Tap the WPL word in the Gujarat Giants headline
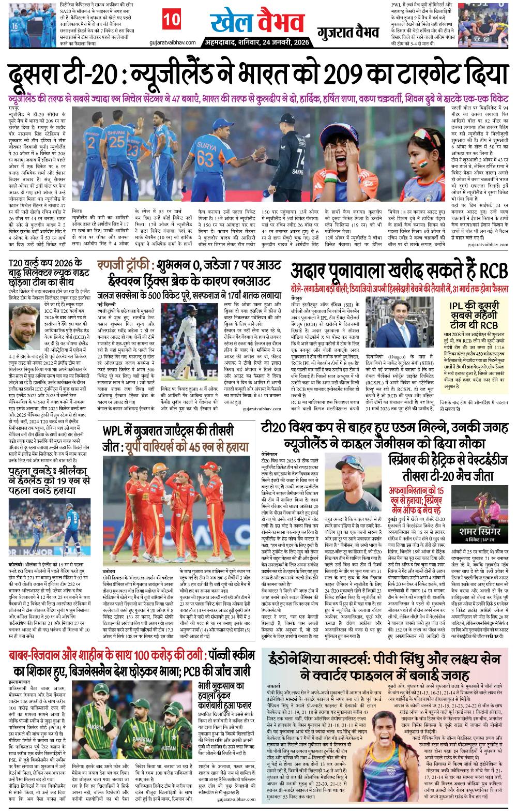[117, 430]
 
